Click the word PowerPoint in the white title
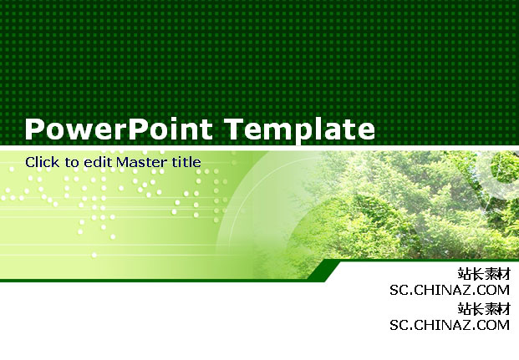[x=119, y=129]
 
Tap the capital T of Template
[x=235, y=129]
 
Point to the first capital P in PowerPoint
[x=34, y=129]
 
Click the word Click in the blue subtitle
[x=43, y=162]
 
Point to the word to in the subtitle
[x=72, y=162]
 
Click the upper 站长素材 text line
[x=484, y=274]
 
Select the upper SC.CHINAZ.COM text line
[x=450, y=290]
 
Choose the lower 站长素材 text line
[x=484, y=309]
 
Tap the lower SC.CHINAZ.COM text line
[x=450, y=325]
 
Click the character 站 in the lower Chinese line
[x=465, y=309]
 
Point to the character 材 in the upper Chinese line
[x=503, y=274]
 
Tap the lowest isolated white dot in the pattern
[x=94, y=255]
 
